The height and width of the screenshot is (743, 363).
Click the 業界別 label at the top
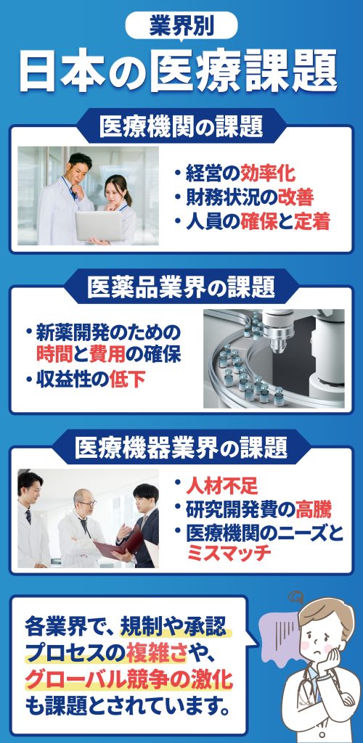(x=181, y=25)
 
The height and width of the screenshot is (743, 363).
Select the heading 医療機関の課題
(x=181, y=128)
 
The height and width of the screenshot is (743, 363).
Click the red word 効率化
(x=267, y=174)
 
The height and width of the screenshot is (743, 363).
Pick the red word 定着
(x=311, y=222)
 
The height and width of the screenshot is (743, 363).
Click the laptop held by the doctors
(x=99, y=226)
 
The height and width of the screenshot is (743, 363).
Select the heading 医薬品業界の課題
(x=181, y=287)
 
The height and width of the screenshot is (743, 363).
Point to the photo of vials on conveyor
(x=274, y=358)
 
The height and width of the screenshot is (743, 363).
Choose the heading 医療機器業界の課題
(x=181, y=447)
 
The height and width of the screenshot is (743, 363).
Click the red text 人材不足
(x=221, y=486)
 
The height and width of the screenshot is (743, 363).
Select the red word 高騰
(x=313, y=510)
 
